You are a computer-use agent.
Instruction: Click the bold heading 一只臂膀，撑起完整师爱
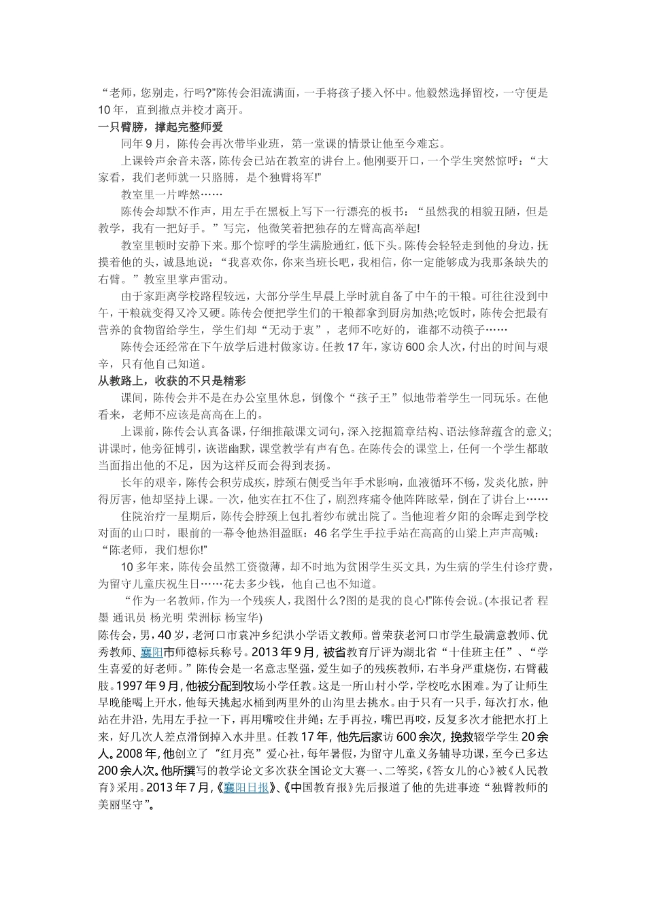click(160, 127)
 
